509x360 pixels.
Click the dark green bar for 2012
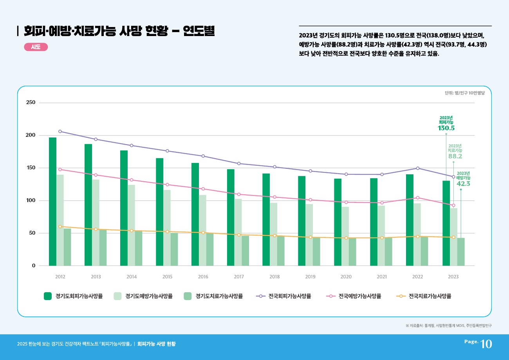(52, 202)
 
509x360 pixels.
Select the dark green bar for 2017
(231, 217)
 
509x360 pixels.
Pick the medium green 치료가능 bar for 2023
(461, 252)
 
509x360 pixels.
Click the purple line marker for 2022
(418, 168)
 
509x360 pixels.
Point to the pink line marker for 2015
(167, 185)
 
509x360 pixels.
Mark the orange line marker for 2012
(60, 227)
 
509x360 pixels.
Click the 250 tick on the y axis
(31, 103)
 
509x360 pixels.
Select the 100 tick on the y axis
(31, 201)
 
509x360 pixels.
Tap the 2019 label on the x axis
(310, 277)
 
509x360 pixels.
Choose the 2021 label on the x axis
(382, 277)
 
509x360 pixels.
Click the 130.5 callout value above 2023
(446, 128)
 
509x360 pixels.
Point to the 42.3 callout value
(463, 184)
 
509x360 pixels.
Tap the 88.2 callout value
(455, 156)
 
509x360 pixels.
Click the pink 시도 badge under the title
(36, 47)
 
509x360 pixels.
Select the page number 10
(486, 344)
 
